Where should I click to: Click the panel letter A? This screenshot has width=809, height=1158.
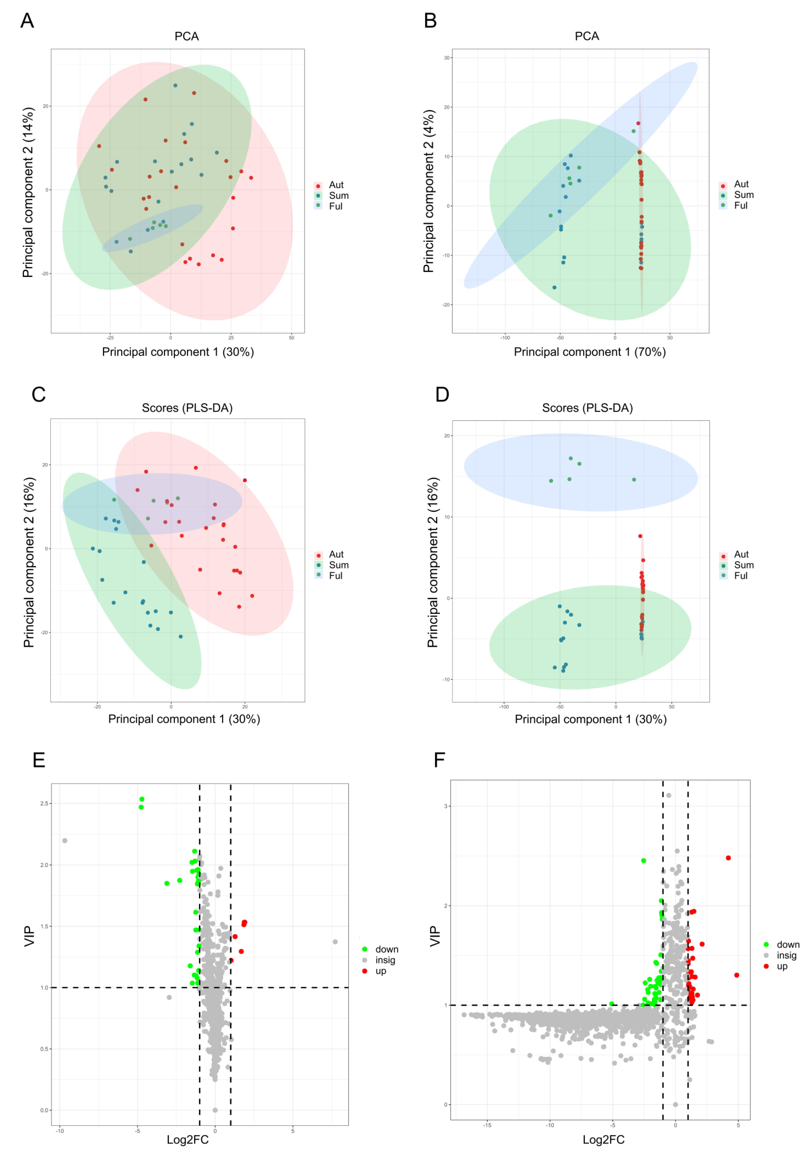27,21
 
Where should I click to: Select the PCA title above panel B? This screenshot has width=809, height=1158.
587,36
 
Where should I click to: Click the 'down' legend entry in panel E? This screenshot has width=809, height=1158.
386,950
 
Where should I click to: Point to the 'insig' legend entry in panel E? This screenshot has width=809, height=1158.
385,960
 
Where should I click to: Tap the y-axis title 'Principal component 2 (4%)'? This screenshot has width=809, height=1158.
429,191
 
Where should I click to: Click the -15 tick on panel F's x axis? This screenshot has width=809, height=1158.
487,1125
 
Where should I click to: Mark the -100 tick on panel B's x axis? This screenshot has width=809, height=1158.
505,338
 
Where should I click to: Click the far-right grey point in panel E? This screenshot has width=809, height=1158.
335,942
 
